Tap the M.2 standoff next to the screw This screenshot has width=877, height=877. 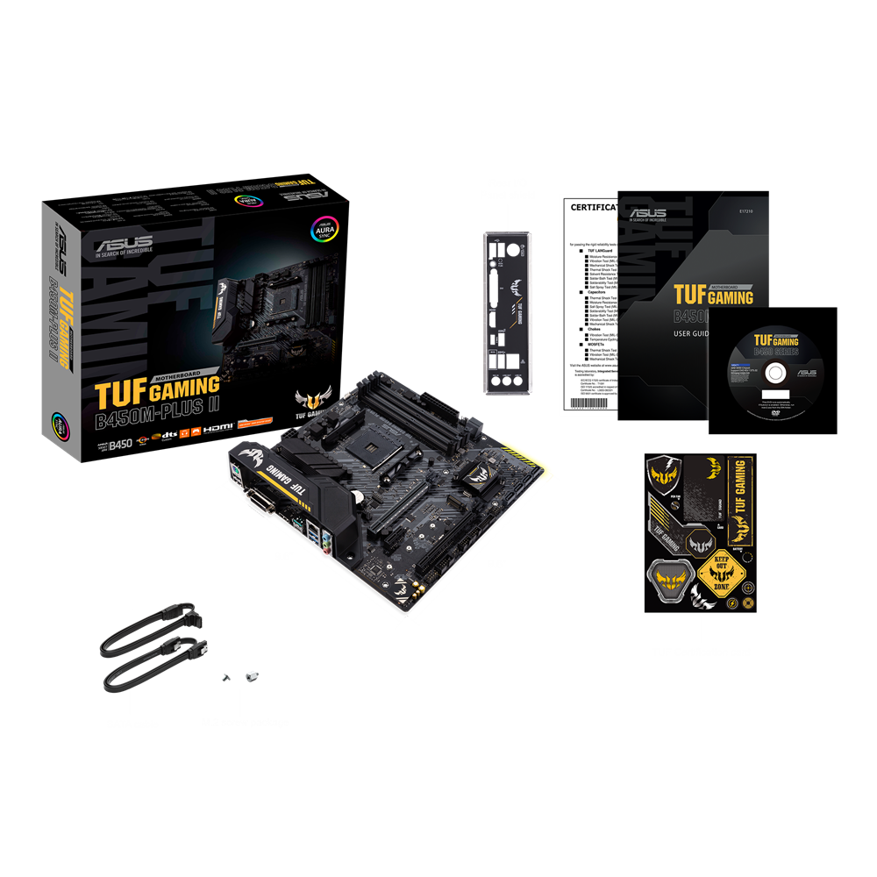pos(251,675)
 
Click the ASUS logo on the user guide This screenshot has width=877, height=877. pos(648,212)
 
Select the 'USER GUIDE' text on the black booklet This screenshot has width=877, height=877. pos(693,332)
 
